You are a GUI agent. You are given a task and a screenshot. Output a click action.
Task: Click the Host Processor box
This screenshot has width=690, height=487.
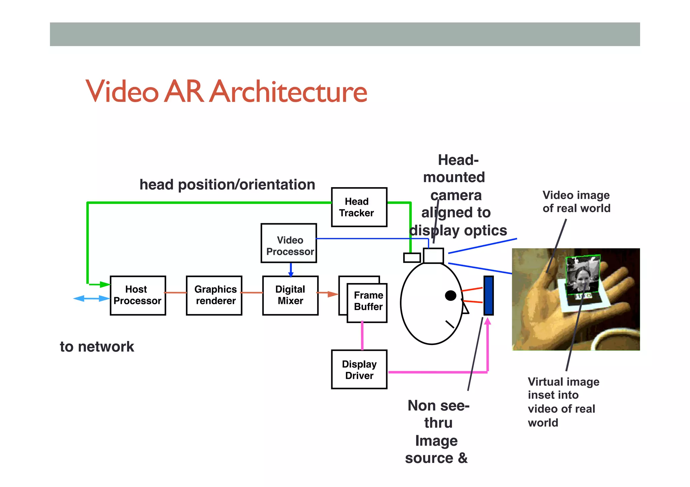(138, 295)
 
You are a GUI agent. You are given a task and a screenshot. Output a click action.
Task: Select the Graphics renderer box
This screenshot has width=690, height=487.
(214, 295)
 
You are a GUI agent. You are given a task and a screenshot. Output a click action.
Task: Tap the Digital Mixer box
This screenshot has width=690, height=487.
(290, 295)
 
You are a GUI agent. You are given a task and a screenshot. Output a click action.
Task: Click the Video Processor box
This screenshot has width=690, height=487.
(289, 243)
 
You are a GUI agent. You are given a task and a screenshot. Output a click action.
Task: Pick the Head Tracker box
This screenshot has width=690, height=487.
(359, 207)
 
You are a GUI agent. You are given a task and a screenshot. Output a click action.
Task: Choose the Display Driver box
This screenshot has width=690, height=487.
(359, 369)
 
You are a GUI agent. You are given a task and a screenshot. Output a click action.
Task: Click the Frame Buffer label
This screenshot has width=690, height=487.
(368, 301)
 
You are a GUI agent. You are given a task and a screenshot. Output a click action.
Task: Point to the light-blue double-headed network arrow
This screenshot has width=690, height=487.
(91, 299)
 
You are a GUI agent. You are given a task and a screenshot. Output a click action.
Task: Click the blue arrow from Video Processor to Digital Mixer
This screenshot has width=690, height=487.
(291, 270)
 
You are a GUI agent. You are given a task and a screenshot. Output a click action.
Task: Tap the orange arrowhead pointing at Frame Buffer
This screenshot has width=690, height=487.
(333, 294)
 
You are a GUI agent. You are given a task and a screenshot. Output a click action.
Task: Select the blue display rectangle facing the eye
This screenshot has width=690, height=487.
(489, 295)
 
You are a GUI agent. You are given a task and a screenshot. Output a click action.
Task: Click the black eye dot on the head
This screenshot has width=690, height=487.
(450, 295)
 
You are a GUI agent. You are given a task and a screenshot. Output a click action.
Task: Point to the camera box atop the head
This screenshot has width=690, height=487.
(433, 255)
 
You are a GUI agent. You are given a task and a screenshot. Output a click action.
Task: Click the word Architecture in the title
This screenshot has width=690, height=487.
(288, 92)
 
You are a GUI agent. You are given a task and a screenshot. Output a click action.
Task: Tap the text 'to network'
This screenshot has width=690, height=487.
(97, 347)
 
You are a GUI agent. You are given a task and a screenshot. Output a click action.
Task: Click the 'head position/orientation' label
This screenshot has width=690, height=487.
(227, 184)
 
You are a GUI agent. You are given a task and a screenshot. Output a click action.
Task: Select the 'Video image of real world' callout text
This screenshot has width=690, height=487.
(576, 202)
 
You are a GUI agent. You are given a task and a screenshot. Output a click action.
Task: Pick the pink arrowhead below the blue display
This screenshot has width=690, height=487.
(488, 321)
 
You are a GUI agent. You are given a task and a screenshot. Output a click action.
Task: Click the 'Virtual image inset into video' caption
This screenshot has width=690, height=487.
(563, 402)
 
